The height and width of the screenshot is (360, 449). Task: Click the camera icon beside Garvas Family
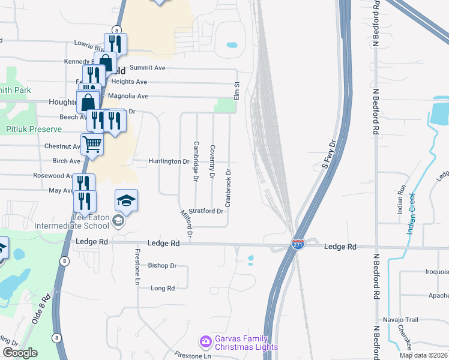(x=206, y=341)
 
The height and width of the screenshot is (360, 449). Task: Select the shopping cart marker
(x=92, y=143)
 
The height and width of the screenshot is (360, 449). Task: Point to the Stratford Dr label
(x=206, y=211)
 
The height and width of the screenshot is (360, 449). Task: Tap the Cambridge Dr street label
(x=196, y=160)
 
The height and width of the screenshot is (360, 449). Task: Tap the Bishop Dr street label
(x=162, y=265)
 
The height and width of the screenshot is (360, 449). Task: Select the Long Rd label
(x=162, y=288)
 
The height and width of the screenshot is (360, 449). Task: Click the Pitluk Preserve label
(x=34, y=129)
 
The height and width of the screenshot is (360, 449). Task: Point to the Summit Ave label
(x=150, y=68)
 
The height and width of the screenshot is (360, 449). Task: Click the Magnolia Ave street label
(x=127, y=96)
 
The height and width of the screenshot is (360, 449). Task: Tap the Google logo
(x=20, y=353)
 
